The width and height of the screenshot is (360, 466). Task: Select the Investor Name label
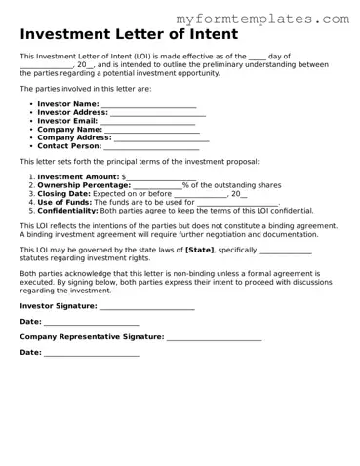pyautogui.click(x=67, y=104)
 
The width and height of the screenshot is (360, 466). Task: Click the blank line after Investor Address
pyautogui.click(x=157, y=113)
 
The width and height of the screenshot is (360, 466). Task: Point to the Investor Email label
pyautogui.click(x=67, y=121)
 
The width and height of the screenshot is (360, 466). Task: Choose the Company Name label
pyautogui.click(x=69, y=129)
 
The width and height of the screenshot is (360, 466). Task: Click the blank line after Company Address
pyautogui.click(x=163, y=137)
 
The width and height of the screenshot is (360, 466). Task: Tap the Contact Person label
pyautogui.click(x=70, y=146)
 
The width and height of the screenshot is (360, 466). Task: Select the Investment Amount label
pyautogui.click(x=78, y=176)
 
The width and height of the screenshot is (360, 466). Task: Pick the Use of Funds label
pyautogui.click(x=64, y=202)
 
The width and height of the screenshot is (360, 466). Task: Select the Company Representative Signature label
pyautogui.click(x=92, y=336)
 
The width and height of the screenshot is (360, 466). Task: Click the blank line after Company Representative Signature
pyautogui.click(x=214, y=337)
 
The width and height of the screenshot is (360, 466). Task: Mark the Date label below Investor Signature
pyautogui.click(x=30, y=321)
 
